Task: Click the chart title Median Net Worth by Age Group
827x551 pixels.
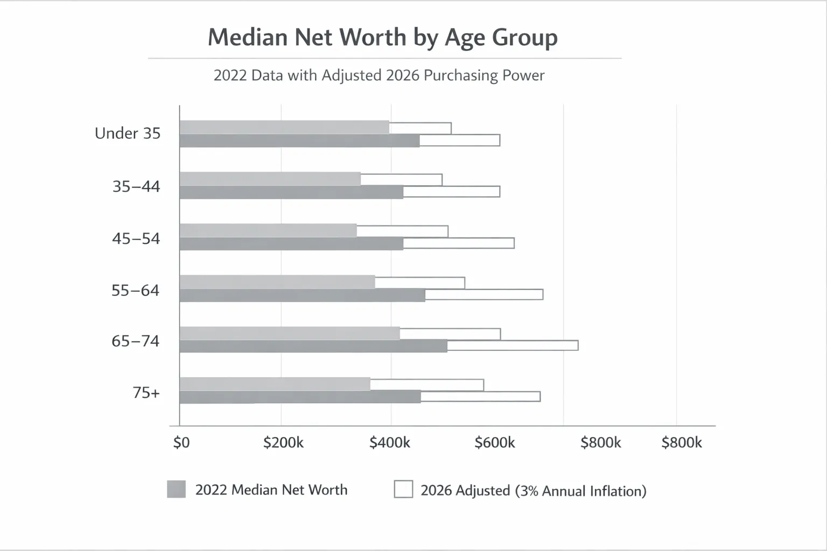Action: point(382,38)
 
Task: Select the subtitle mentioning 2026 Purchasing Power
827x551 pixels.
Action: point(379,75)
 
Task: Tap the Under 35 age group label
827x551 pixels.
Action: point(128,133)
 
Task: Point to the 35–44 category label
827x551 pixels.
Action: point(136,187)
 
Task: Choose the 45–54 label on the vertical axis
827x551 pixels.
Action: point(136,238)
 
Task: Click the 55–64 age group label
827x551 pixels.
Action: point(136,291)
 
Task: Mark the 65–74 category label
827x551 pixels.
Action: point(136,341)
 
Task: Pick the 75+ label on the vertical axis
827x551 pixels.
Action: point(146,393)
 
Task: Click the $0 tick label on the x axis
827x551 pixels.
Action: point(181,442)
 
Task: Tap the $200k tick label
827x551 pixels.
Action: point(283,442)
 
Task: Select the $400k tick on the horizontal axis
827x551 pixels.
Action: point(390,442)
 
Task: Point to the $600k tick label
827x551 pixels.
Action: point(495,442)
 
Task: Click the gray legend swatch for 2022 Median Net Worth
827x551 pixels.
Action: point(177,489)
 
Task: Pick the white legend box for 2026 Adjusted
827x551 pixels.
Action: point(403,489)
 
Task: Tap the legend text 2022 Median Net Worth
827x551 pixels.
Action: point(271,490)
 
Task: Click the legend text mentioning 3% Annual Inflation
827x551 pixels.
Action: point(533,491)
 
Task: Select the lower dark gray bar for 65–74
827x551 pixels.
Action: point(313,346)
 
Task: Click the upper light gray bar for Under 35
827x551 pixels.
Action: point(284,128)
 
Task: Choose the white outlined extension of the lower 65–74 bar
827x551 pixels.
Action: point(513,345)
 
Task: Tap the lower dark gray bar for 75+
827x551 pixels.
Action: point(300,397)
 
